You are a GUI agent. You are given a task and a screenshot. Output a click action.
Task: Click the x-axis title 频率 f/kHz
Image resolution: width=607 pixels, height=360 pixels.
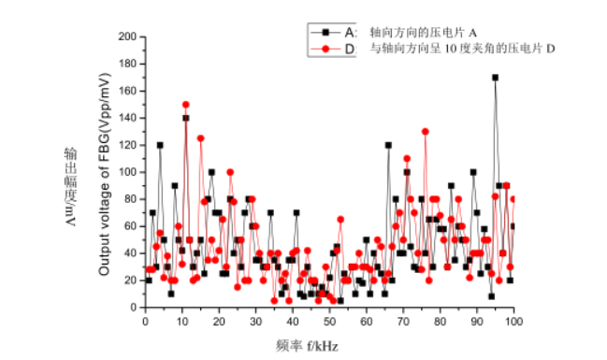click(308, 345)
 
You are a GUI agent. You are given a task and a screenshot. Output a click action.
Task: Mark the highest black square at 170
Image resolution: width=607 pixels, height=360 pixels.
click(495, 78)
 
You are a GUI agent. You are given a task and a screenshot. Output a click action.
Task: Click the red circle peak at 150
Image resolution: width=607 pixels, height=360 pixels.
click(186, 105)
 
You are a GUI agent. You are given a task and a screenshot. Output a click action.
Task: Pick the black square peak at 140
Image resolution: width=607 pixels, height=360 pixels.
click(186, 118)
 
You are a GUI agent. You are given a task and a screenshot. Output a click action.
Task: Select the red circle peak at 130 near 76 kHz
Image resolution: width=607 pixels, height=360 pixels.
click(425, 132)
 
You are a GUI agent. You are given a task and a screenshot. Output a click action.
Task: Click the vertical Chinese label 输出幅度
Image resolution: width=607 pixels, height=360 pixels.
click(70, 173)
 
